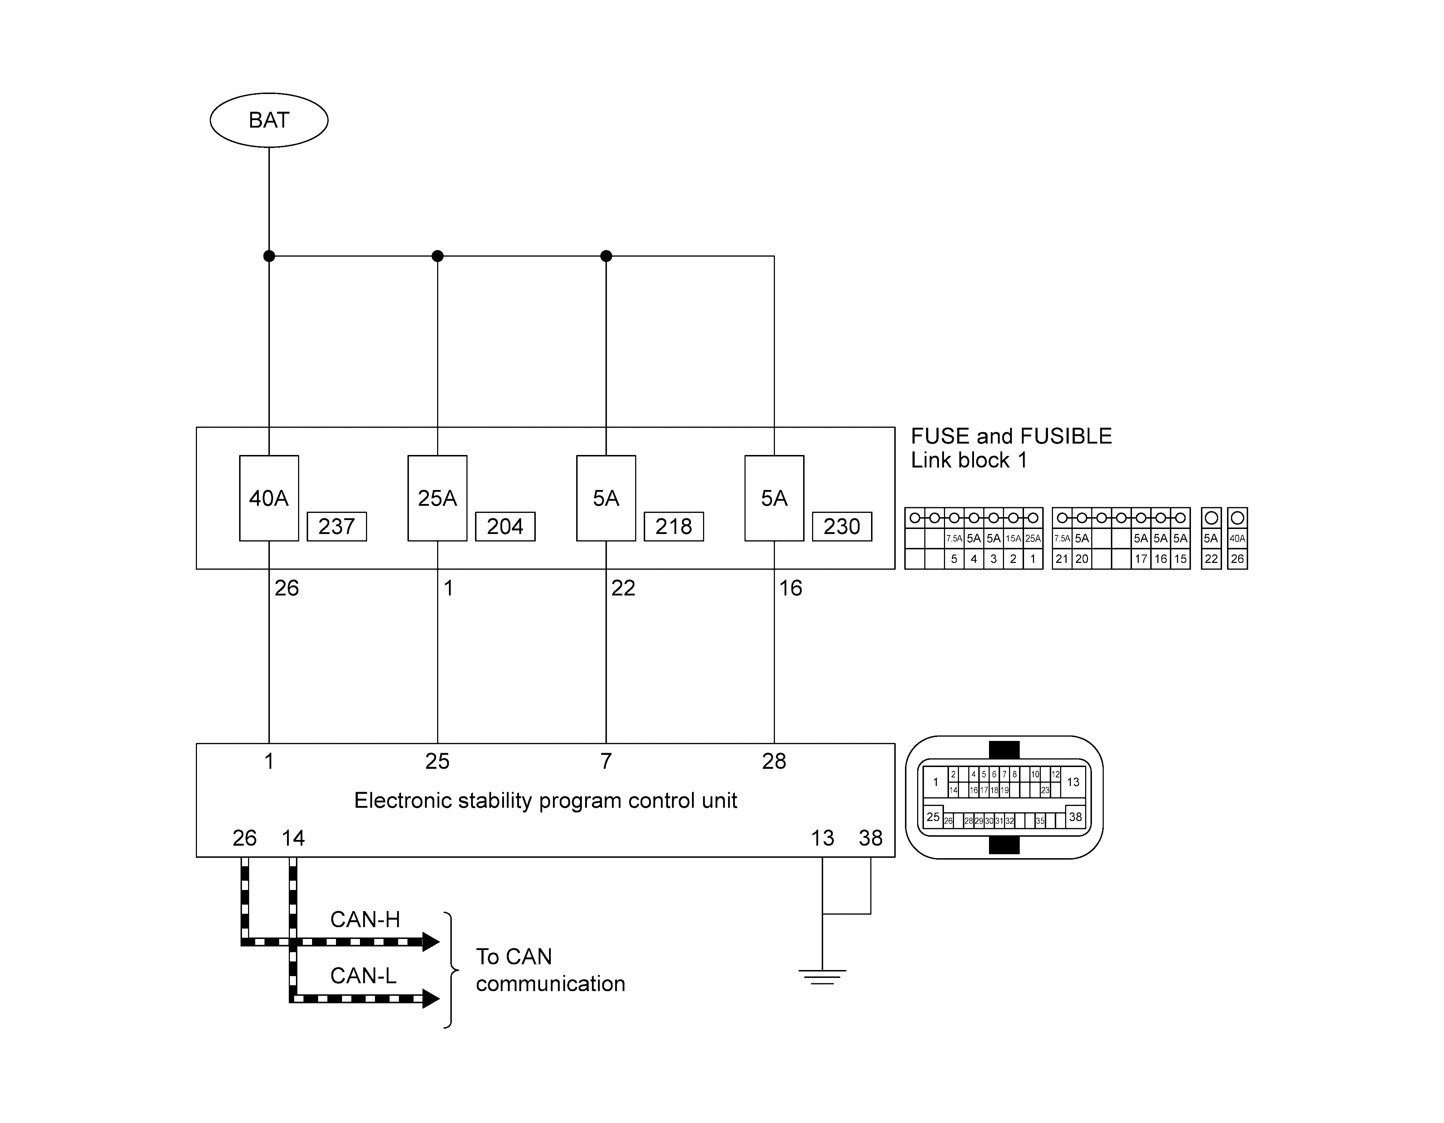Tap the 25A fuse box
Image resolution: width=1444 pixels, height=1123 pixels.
[437, 498]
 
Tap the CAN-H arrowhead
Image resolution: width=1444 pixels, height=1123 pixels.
[431, 941]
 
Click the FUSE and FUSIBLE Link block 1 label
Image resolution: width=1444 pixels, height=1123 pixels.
[1011, 447]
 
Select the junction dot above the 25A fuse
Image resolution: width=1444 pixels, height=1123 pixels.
[437, 256]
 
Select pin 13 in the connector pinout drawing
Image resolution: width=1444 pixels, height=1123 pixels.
[1073, 782]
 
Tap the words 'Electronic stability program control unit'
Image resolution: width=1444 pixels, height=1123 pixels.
[545, 801]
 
